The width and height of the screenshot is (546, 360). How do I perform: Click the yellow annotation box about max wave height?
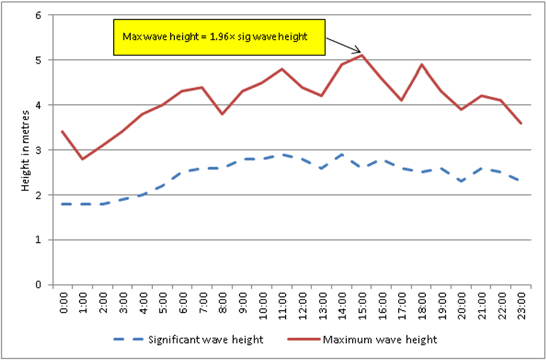click(x=218, y=37)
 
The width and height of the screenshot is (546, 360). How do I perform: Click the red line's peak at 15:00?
click(x=361, y=56)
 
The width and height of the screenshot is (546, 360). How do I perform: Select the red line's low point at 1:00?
click(x=82, y=159)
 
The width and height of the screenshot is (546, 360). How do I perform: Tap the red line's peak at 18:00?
click(x=421, y=64)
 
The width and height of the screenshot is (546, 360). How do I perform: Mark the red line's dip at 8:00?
click(x=222, y=114)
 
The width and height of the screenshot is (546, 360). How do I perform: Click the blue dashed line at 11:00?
click(x=281, y=154)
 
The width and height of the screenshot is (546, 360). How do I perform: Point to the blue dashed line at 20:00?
click(x=461, y=181)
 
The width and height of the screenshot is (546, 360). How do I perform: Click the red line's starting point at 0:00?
click(x=62, y=131)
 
